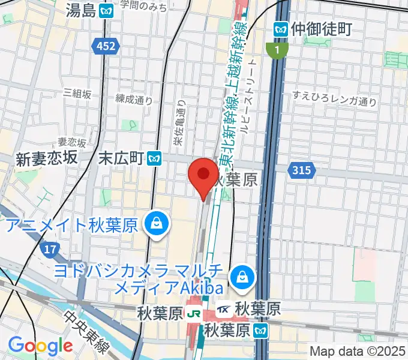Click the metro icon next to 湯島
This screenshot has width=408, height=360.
click(107, 10)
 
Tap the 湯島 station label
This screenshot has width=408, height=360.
click(82, 10)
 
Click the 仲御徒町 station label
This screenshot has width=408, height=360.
click(320, 28)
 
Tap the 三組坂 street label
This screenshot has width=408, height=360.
click(77, 94)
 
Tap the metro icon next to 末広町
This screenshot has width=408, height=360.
click(155, 158)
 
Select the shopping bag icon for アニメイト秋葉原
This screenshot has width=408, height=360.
click(156, 224)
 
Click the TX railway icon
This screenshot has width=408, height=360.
click(224, 310)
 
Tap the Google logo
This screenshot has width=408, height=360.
click(41, 345)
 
